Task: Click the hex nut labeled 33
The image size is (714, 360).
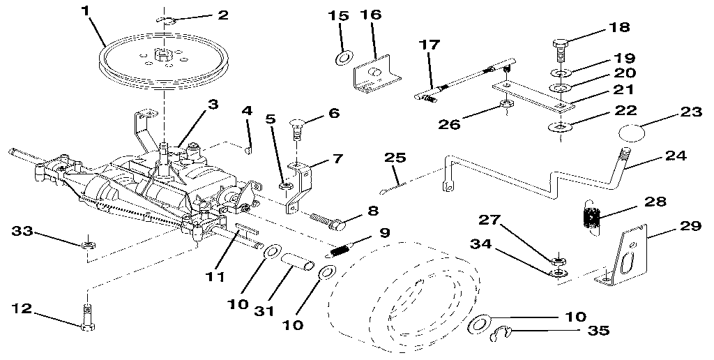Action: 88,245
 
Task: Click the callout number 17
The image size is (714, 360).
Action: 430,45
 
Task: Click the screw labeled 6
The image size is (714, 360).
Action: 296,131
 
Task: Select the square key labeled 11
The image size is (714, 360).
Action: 247,228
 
